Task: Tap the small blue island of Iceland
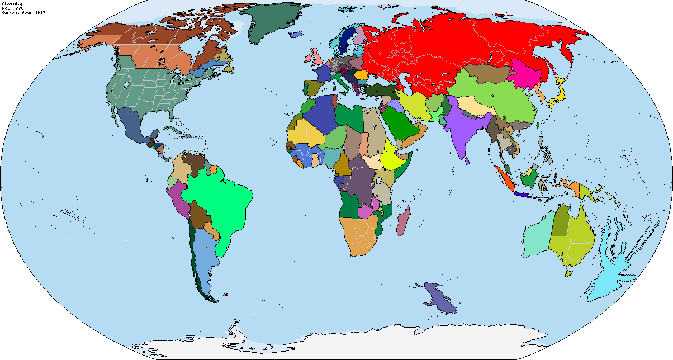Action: (x=296, y=35)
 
